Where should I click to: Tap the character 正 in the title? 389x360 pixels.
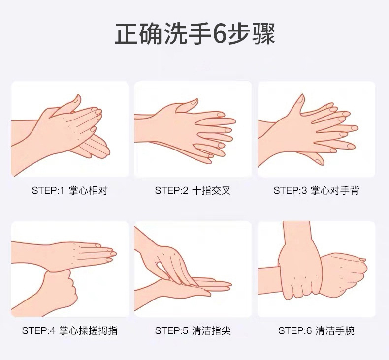(127, 34)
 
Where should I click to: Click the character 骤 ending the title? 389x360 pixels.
(263, 34)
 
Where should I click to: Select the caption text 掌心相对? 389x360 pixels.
(88, 190)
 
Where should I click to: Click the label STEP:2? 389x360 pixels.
(172, 190)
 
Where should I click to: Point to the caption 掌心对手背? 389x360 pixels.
(335, 190)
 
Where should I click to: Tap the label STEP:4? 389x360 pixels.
(39, 331)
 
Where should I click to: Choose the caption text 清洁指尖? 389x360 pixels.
(211, 331)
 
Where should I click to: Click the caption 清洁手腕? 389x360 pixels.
(335, 331)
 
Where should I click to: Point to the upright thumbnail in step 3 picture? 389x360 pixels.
(301, 99)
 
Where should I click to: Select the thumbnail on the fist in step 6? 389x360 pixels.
(362, 260)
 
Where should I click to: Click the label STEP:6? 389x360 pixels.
(295, 331)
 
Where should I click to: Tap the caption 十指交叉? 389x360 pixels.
(211, 190)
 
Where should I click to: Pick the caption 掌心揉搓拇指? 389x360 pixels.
(88, 331)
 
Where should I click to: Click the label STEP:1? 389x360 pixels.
(48, 190)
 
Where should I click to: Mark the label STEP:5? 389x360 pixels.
(172, 331)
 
